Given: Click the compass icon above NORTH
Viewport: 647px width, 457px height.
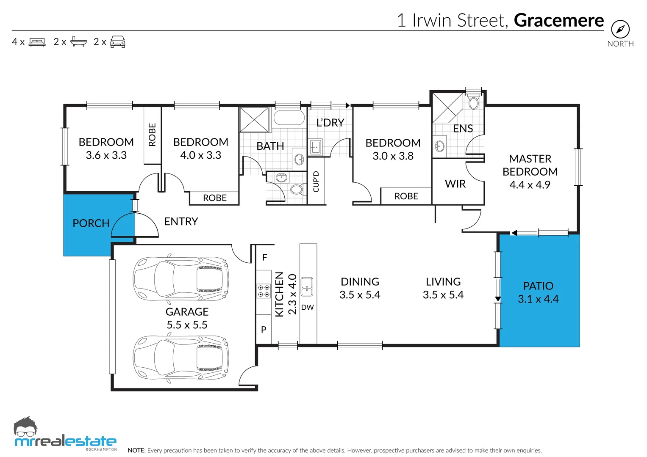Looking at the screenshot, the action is (x=620, y=29).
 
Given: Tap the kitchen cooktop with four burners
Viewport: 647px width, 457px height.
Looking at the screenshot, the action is (x=264, y=291).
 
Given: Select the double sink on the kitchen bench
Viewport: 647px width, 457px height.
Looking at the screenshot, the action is (x=307, y=286).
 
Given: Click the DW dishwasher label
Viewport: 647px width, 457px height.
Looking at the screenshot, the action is (x=307, y=307).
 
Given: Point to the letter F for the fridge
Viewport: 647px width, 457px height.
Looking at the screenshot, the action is (x=264, y=257).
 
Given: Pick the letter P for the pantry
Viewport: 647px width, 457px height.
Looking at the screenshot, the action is (x=264, y=330).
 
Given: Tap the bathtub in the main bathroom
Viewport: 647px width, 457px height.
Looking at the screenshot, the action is (x=289, y=118).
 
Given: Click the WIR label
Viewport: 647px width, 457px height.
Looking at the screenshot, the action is (x=455, y=184).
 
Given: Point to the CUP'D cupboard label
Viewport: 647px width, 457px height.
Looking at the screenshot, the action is (x=316, y=182).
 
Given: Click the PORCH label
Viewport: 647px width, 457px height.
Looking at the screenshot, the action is (x=91, y=223).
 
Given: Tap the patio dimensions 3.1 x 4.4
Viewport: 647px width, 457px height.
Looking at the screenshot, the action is (x=538, y=299).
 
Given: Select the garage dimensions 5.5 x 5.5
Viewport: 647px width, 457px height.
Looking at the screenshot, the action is (x=187, y=325).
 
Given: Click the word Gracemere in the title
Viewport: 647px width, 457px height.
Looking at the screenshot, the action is (x=559, y=20).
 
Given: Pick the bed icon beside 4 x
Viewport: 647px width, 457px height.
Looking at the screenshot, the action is (x=37, y=42).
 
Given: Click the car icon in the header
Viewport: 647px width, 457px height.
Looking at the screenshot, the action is (x=117, y=42).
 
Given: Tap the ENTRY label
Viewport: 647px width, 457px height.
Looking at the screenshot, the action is (x=181, y=222).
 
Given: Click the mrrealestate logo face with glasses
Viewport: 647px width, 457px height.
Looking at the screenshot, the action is (x=26, y=427).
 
